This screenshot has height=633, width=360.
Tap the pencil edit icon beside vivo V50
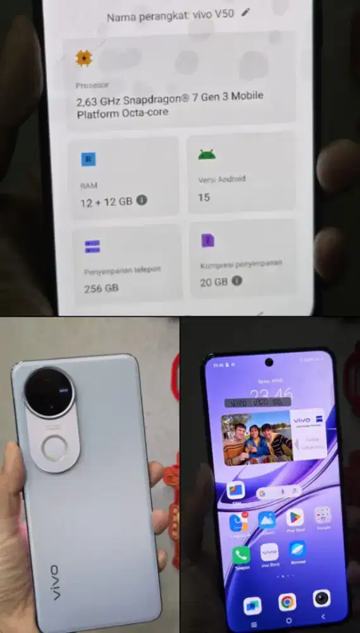click(246, 13)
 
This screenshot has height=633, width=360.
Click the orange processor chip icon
click(84, 59)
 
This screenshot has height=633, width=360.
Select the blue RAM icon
click(88, 160)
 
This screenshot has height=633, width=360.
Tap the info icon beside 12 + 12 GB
click(142, 201)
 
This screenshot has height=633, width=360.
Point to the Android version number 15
click(204, 197)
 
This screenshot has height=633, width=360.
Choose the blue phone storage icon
click(92, 246)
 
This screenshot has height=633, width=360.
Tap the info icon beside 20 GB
click(237, 281)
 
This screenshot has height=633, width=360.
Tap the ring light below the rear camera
click(55, 449)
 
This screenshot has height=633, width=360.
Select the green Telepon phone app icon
click(241, 555)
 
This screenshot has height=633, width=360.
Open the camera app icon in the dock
click(321, 598)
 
